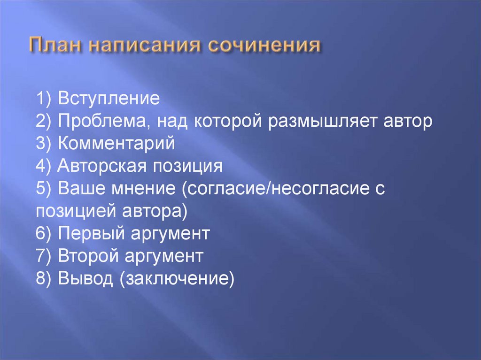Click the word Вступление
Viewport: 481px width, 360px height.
click(109, 99)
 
